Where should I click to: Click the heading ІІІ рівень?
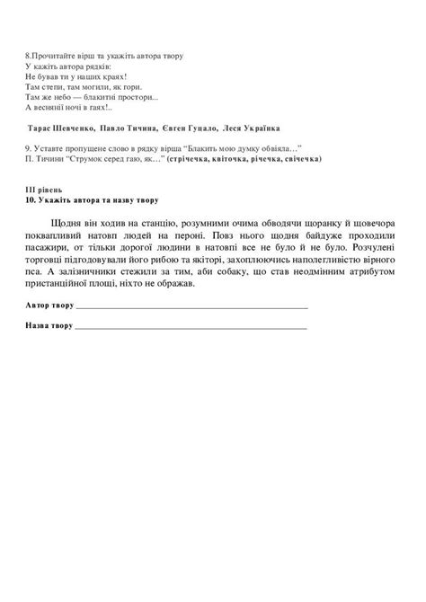[46, 190]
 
